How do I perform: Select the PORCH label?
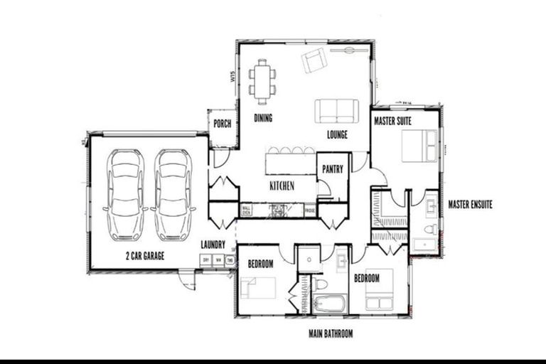(222, 123)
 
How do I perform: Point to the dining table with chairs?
(263, 78)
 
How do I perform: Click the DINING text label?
(263, 118)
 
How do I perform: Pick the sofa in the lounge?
(336, 110)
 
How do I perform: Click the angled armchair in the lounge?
(314, 61)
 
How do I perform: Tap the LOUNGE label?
(337, 134)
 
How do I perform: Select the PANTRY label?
(333, 169)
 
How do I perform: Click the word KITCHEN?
(282, 186)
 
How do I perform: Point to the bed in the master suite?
(419, 146)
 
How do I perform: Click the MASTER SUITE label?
(393, 122)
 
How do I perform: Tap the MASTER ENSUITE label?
(470, 205)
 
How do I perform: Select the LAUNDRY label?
(213, 245)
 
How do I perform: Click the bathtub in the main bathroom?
(329, 306)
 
